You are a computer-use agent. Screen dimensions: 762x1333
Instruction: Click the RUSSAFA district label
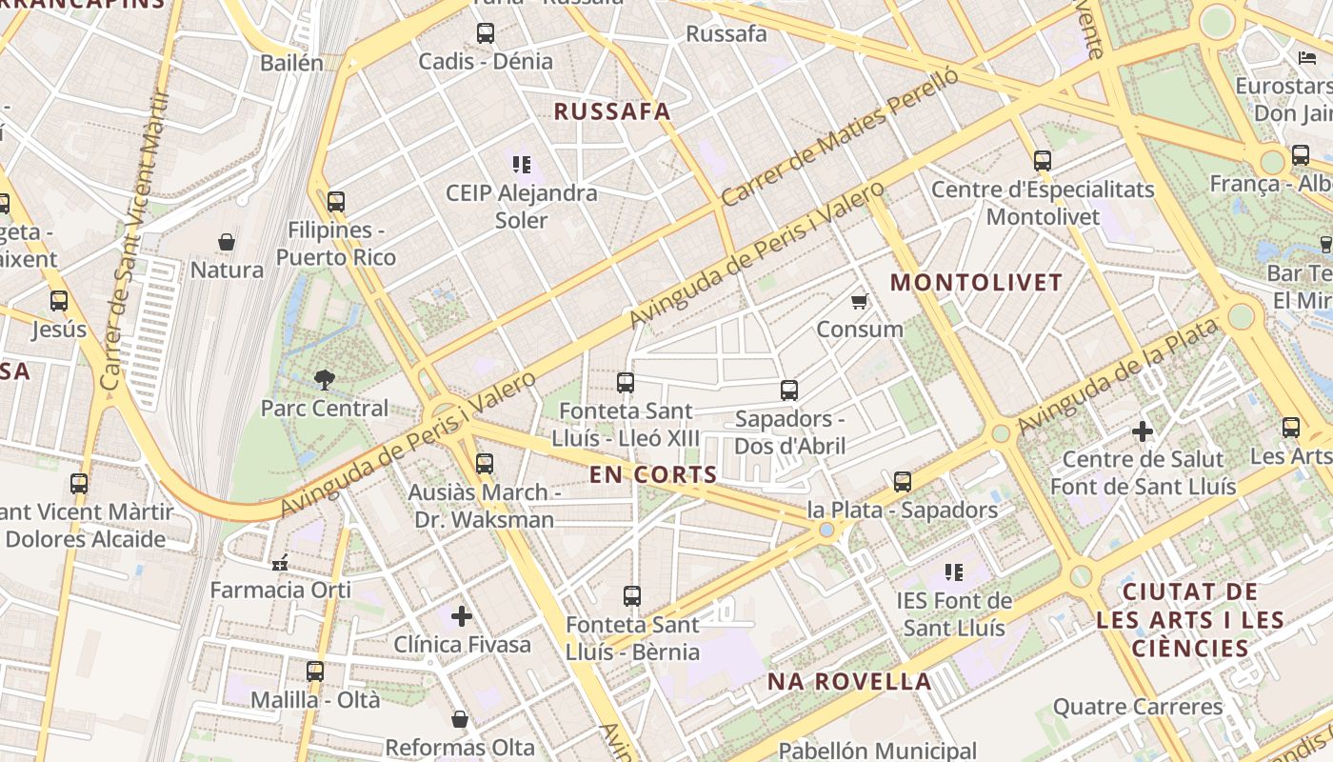[612, 111]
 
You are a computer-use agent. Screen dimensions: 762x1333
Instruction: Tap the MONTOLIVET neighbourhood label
[976, 283]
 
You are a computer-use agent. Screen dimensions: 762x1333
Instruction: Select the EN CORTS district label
[653, 474]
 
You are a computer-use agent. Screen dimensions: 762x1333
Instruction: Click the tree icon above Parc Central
[325, 380]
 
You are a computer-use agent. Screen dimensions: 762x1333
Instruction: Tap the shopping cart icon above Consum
[859, 302]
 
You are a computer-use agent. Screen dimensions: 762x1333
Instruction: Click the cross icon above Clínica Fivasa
[462, 616]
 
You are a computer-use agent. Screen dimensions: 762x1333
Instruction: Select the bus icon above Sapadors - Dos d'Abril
[788, 391]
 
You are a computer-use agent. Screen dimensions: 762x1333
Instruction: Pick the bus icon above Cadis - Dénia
[486, 33]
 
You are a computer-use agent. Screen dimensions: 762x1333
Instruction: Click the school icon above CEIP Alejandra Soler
[520, 165]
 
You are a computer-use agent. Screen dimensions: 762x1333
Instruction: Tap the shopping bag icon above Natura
[227, 242]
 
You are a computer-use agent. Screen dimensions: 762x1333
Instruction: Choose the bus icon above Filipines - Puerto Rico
[335, 202]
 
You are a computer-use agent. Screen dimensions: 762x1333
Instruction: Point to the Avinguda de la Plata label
[1116, 377]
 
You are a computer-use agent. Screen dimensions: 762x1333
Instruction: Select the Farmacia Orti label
[280, 590]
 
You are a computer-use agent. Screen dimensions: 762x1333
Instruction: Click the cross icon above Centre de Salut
[1143, 431]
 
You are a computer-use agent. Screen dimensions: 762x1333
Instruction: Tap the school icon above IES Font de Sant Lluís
[954, 572]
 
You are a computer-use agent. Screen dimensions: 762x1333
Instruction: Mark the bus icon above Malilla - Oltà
[315, 672]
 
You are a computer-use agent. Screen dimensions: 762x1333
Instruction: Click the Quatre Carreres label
[1138, 707]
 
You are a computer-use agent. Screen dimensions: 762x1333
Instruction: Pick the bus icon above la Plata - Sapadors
[903, 482]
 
